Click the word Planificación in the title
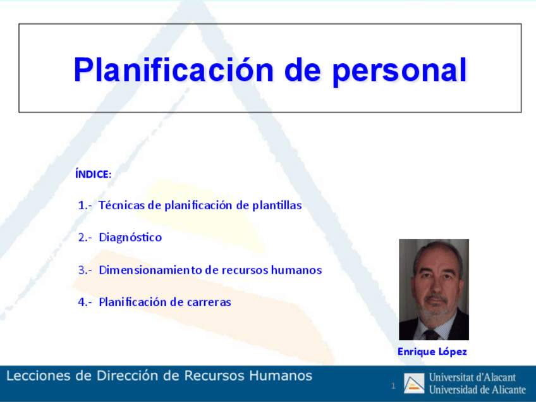click(x=174, y=70)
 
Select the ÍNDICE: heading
click(x=94, y=174)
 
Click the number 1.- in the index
click(x=85, y=205)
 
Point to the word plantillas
click(x=277, y=205)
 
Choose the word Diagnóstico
click(x=130, y=237)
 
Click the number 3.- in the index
click(x=85, y=270)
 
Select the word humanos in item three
click(x=296, y=270)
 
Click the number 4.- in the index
click(x=85, y=302)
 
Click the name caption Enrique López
click(x=432, y=351)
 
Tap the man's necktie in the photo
click(x=431, y=334)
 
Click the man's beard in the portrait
click(x=437, y=308)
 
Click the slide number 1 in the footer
click(x=393, y=386)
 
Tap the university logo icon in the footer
click(x=413, y=383)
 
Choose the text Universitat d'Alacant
click(x=472, y=377)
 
